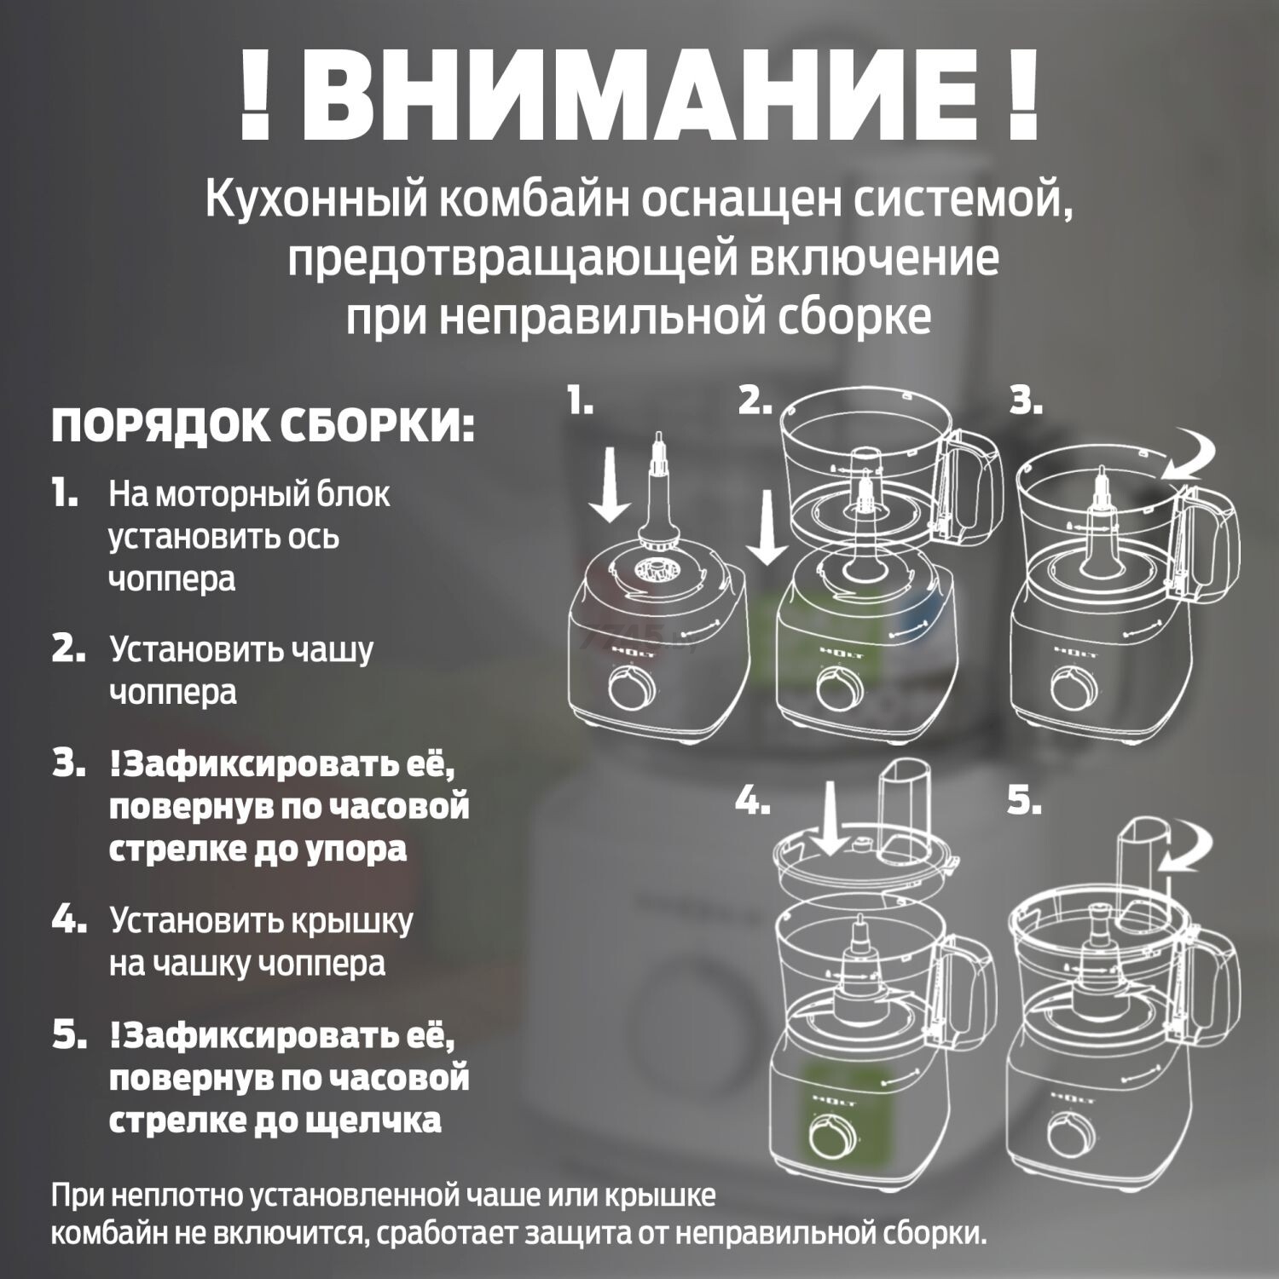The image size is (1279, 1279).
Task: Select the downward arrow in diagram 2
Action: coord(768,528)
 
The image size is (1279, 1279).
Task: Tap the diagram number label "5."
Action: coord(1024,801)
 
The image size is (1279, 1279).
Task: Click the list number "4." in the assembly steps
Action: coord(68,920)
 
